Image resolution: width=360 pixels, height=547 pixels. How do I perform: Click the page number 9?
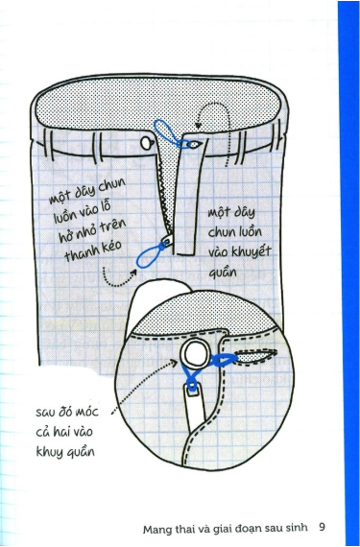(x=324, y=526)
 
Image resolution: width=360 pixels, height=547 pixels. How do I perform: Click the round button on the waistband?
(x=147, y=143)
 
